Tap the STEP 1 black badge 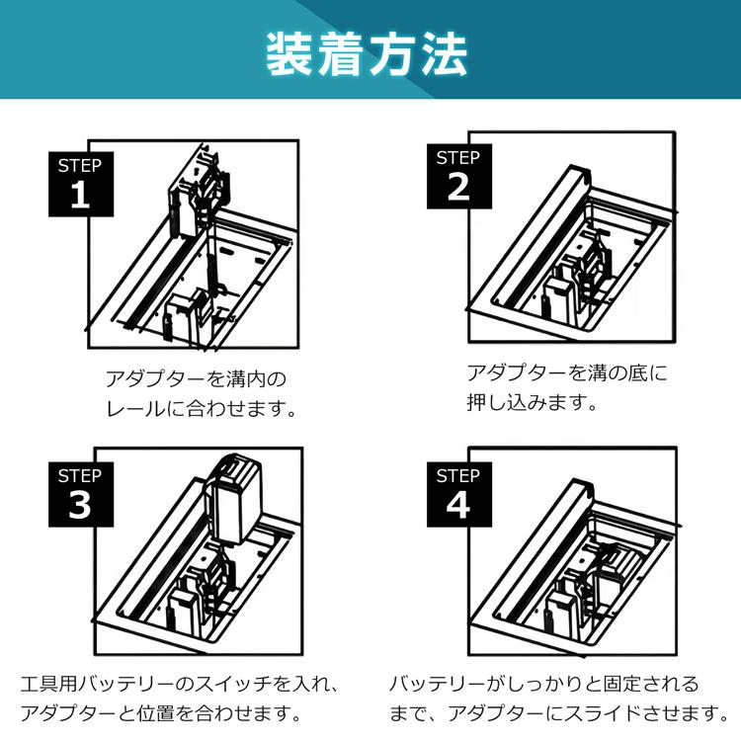(x=81, y=184)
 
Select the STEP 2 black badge (x=459, y=176)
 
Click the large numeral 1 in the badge (x=81, y=196)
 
